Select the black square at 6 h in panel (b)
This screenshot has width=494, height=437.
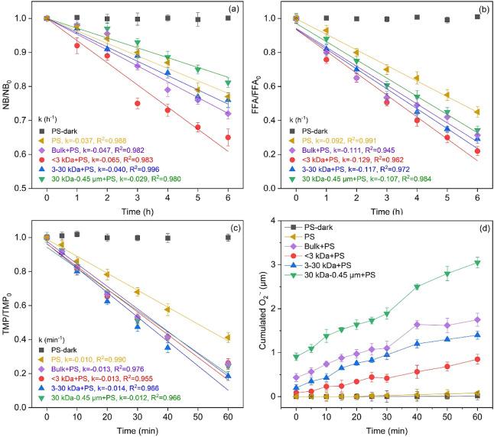pos(478,17)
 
